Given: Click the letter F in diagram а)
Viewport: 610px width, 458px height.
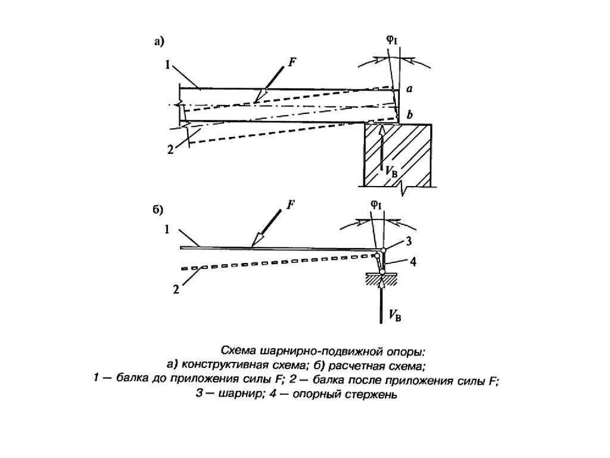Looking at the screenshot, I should pos(292,61).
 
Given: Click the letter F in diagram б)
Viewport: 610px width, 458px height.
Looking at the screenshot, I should pos(291,205).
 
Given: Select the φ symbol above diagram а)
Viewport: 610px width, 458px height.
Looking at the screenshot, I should pos(391,41).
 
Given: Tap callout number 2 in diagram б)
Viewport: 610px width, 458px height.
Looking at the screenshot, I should pos(176,290).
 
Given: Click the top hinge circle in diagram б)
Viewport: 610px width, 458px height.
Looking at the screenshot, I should pos(384,249).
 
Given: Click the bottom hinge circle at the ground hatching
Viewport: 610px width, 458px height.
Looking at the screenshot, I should pos(382,273).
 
